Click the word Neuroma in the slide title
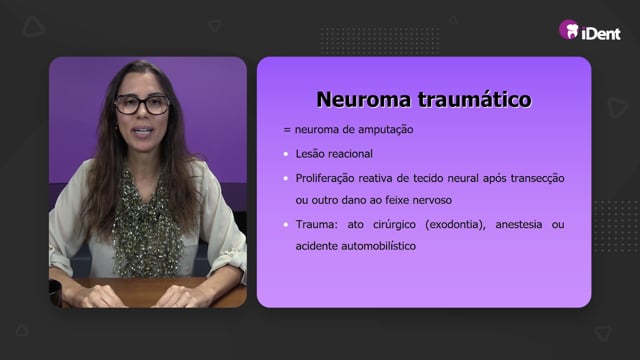[x=363, y=100]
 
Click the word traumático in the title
[x=474, y=100]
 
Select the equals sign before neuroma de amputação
[x=287, y=130]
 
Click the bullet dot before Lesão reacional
[x=286, y=154]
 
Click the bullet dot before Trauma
[x=286, y=224]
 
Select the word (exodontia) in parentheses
[x=456, y=224]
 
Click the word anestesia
[x=519, y=224]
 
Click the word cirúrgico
[x=394, y=224]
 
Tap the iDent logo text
[x=601, y=33]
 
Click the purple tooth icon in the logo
[x=569, y=30]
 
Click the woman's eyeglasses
[x=142, y=104]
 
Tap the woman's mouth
[x=143, y=131]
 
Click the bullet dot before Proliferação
[x=286, y=178]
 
